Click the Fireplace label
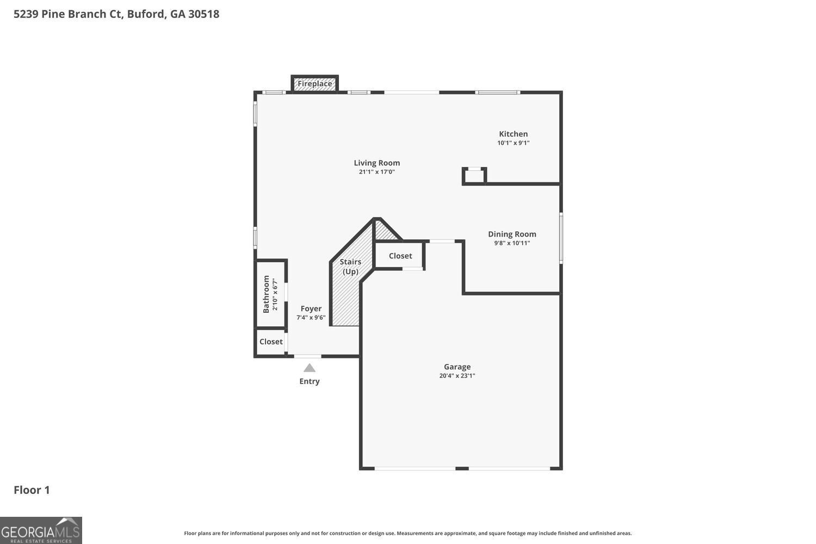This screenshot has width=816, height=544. click(315, 84)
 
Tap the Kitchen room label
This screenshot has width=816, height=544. click(514, 134)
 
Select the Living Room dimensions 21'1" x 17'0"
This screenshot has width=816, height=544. click(376, 172)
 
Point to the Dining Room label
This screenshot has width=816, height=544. click(512, 234)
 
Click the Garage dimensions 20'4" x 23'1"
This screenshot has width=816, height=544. click(457, 376)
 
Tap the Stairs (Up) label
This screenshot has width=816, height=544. click(350, 267)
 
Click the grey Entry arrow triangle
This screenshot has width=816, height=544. click(310, 368)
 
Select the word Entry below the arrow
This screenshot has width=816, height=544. click(310, 381)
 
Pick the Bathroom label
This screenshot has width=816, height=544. click(267, 294)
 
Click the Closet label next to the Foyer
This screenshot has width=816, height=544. click(271, 342)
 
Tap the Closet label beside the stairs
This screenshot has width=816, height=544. click(400, 256)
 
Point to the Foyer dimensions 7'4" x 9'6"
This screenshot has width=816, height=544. click(311, 318)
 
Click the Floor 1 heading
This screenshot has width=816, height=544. click(32, 490)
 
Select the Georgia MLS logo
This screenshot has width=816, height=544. click(41, 530)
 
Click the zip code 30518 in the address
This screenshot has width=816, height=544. click(203, 14)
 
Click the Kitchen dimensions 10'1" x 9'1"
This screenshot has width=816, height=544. click(514, 143)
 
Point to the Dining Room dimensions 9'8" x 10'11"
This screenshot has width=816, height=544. click(512, 243)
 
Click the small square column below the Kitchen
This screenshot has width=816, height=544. click(474, 176)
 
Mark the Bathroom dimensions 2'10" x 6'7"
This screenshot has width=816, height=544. click(275, 294)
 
